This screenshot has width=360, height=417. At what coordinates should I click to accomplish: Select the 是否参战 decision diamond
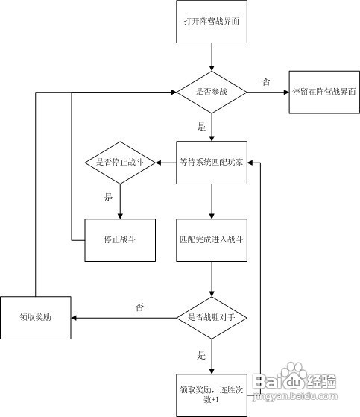point(212,93)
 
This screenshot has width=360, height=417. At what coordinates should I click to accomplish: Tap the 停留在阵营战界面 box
point(323,93)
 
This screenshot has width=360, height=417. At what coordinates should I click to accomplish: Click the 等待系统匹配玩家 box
point(212,162)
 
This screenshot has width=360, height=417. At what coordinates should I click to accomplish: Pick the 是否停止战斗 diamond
point(119,162)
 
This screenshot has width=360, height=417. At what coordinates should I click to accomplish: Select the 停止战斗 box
point(119,240)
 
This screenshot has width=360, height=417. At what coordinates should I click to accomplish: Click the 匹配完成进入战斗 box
point(212,240)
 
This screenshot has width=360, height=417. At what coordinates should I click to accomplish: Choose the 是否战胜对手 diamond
point(212,318)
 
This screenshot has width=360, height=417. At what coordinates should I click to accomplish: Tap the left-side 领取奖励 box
point(36,318)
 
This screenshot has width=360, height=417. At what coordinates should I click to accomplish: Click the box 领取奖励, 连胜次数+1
point(212,393)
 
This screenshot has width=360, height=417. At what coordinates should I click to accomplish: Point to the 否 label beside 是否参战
point(266,81)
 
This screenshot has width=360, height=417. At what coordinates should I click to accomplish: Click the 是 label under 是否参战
point(201,127)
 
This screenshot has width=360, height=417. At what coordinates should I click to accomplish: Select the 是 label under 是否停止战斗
point(109,198)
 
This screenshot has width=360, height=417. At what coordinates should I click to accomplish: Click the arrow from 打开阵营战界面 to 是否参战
point(212,58)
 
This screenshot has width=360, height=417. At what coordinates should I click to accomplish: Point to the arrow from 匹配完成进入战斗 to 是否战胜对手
point(212,280)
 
